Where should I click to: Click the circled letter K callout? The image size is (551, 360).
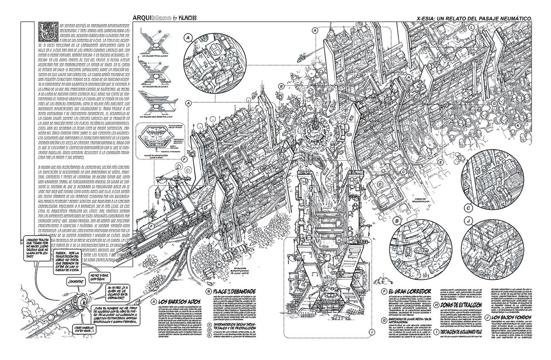click(518, 125)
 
